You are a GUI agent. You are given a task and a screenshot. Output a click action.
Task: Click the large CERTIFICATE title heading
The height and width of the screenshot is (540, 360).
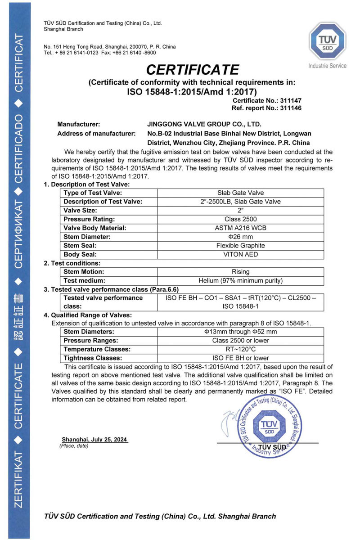[192, 70]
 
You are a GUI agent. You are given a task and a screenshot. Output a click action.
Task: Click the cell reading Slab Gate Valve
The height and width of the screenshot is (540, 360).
[241, 193]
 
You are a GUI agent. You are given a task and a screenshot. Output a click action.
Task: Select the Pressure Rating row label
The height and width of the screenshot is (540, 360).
[89, 219]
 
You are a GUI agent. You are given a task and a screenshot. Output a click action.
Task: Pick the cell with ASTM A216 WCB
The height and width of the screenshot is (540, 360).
[241, 228]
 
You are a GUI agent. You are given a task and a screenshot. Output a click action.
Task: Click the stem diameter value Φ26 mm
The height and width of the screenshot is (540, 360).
[241, 237]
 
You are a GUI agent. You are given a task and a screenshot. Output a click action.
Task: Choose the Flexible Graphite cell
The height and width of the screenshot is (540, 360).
[241, 245]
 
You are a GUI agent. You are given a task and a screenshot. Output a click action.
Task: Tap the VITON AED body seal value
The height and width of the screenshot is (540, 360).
[241, 254]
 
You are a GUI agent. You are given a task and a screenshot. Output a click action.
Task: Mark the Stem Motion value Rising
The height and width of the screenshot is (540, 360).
[241, 272]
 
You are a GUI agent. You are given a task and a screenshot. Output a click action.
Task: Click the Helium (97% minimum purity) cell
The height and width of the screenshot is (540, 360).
[241, 280]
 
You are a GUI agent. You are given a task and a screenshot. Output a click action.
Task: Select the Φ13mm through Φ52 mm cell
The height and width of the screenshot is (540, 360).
[241, 332]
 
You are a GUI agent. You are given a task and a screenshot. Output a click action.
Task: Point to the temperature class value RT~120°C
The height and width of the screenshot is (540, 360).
[241, 349]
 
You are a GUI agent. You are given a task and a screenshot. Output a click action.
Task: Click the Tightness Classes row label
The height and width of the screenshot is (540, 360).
[93, 358]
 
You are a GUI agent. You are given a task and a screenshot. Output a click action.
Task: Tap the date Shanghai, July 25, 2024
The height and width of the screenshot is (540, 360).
[94, 439]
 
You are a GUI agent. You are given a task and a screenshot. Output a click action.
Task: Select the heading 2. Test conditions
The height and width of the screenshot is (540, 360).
[72, 263]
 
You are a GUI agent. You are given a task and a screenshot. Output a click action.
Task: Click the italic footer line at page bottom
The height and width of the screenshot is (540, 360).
[160, 516]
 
